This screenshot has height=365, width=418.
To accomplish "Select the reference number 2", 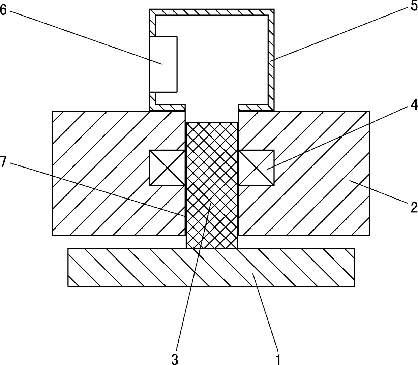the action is [x=414, y=207].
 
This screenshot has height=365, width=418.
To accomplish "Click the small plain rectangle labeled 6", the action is [x=163, y=64].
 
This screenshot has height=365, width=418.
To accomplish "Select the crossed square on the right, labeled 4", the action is [x=256, y=168].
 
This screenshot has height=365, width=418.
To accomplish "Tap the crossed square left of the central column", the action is [x=167, y=168].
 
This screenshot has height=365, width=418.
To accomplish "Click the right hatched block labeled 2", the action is [x=320, y=202].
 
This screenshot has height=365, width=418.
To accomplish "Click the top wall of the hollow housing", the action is [x=211, y=12].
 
